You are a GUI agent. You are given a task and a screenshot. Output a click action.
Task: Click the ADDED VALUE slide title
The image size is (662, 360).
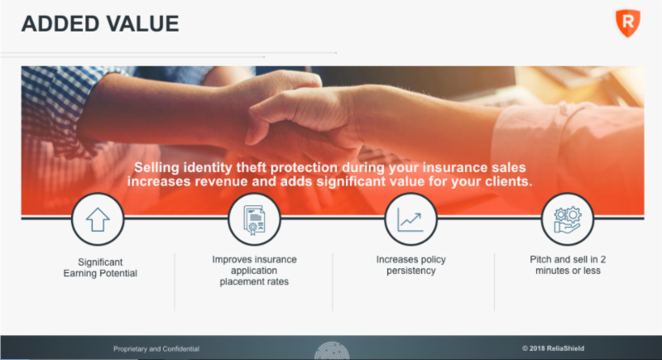tap(99, 23)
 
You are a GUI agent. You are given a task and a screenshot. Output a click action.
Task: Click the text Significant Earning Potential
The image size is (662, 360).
tap(97, 268)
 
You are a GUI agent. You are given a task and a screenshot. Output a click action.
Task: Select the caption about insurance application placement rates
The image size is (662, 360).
tap(254, 271)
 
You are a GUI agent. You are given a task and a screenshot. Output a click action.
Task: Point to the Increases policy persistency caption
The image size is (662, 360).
tap(410, 265)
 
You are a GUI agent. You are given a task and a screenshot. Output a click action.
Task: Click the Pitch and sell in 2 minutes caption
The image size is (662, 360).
tap(567, 265)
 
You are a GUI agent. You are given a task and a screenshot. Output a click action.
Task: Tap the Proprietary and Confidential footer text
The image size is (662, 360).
tap(156, 348)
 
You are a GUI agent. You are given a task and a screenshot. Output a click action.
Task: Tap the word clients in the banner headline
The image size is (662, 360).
tap(506, 180)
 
